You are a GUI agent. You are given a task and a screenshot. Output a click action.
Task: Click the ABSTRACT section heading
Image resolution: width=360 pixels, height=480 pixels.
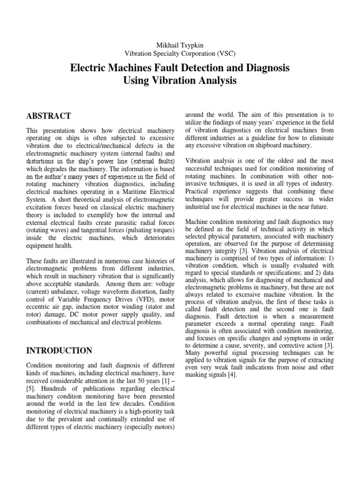[48, 116]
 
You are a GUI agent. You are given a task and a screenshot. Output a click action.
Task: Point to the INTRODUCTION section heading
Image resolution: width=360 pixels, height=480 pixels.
[59, 351]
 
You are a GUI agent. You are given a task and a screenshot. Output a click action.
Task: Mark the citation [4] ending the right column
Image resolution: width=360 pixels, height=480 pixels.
[234, 375]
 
